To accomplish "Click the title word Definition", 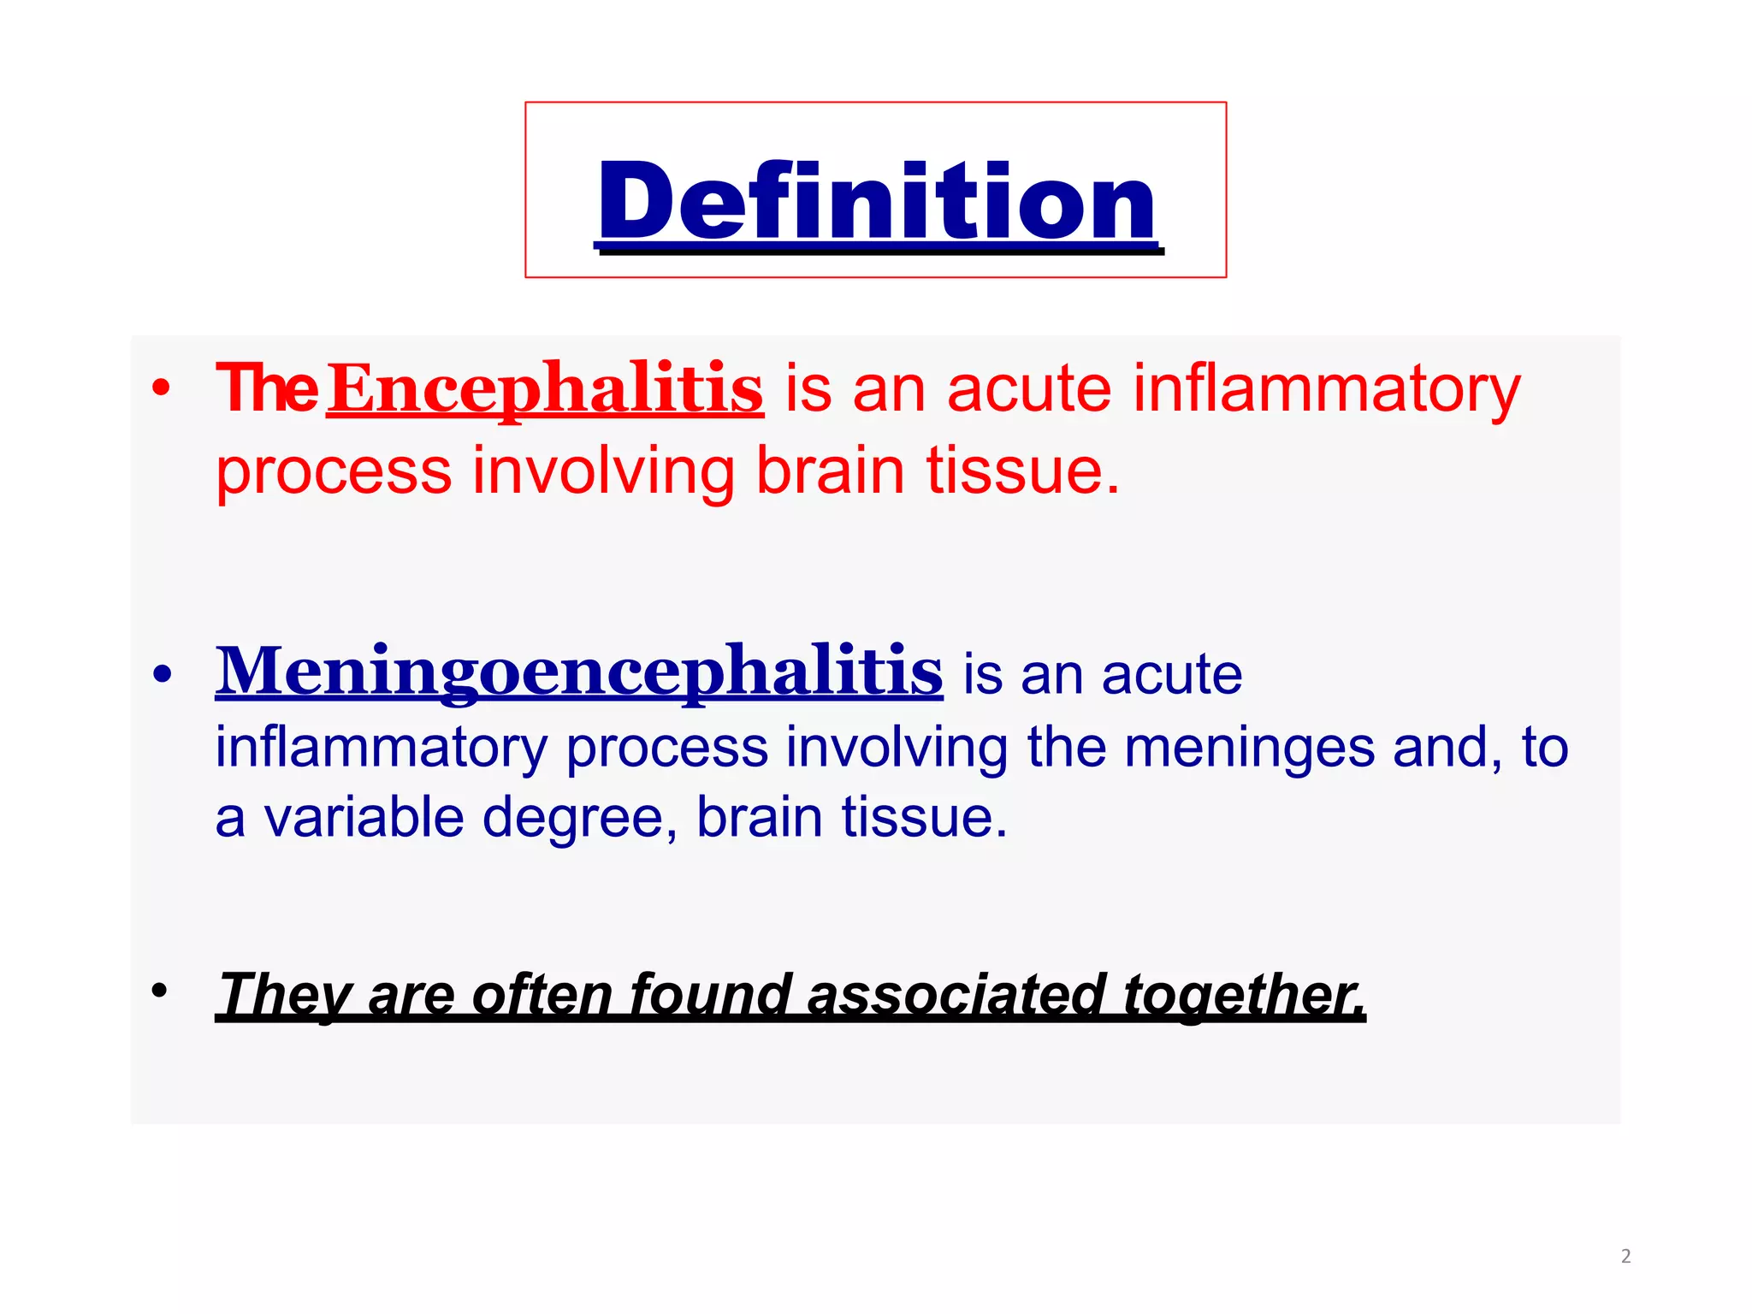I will tap(877, 202).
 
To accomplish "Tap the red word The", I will tap(267, 389).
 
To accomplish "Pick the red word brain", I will tap(830, 471).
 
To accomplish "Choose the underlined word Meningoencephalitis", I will tap(579, 672).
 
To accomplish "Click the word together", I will tap(1244, 995).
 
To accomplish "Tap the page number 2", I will tap(1625, 1257).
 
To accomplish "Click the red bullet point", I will tap(161, 389).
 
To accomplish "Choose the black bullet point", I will tap(159, 991).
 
